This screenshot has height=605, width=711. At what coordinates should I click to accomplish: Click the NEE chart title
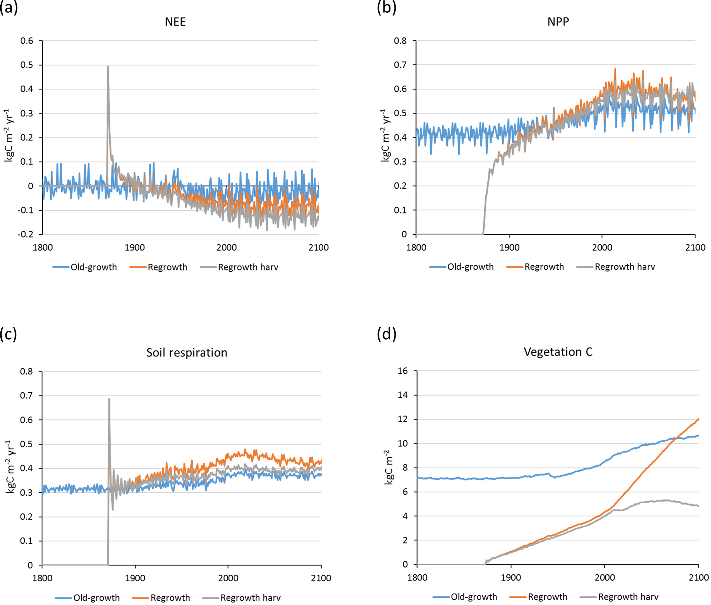tap(175, 22)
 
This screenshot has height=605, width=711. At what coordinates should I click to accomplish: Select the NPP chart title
tap(558, 22)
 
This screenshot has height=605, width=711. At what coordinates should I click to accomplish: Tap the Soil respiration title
tap(187, 353)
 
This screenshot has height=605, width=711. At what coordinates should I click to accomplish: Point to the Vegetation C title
tap(558, 352)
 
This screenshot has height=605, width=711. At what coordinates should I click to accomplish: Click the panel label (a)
tap(9, 8)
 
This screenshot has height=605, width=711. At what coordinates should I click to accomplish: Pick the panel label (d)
tap(386, 334)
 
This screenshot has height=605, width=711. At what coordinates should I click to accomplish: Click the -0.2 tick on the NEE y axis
tap(26, 234)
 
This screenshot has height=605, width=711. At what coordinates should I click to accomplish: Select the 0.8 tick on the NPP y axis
tap(400, 41)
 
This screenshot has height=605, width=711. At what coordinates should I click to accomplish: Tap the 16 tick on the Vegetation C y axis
tap(402, 371)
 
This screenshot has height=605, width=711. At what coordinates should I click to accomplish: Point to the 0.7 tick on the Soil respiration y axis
tap(26, 396)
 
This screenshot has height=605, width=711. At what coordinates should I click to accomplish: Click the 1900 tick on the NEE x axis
tap(134, 247)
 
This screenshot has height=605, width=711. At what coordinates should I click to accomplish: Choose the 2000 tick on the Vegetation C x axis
tap(605, 577)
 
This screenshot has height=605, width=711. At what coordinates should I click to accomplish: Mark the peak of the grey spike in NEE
tap(108, 66)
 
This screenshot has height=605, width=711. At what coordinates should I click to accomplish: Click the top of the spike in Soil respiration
tap(109, 399)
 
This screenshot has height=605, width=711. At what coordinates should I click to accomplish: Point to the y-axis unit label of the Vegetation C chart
tap(389, 467)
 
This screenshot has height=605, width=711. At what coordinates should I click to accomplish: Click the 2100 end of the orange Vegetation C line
tap(698, 419)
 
